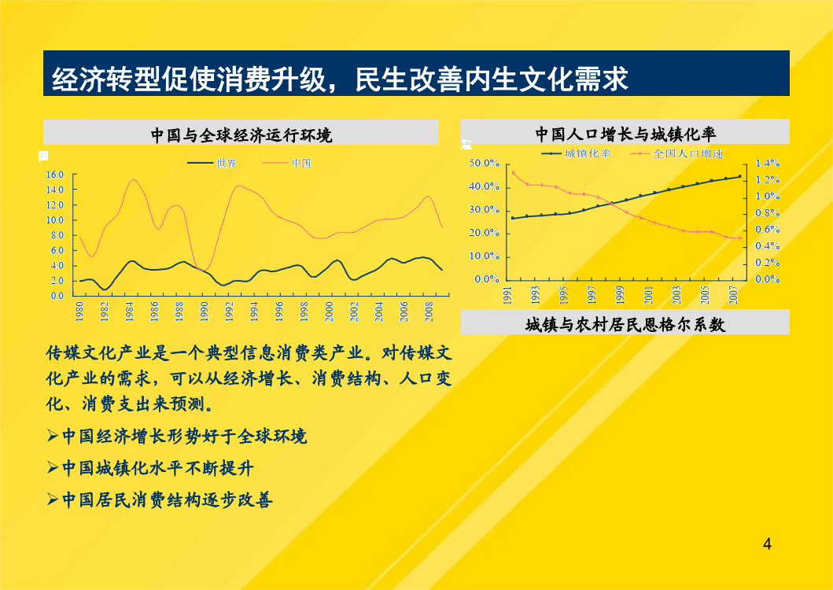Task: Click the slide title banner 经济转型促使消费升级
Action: (416, 73)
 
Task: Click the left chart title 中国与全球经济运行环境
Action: (241, 135)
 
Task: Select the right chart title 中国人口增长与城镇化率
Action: (625, 134)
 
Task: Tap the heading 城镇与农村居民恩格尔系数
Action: (625, 324)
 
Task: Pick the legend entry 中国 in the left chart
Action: (287, 163)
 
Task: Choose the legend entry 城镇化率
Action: (577, 153)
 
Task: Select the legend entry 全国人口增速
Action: (676, 153)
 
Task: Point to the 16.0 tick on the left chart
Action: (55, 175)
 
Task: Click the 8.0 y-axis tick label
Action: (57, 235)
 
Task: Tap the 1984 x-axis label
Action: (130, 312)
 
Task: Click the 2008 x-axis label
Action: (429, 312)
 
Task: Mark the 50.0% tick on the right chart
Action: (484, 163)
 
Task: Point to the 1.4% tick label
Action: (768, 163)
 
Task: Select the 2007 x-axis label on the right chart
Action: (734, 295)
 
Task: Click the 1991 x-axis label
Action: (507, 295)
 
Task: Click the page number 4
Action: (767, 544)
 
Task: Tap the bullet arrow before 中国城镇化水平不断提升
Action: (53, 468)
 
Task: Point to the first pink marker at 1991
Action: (513, 172)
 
